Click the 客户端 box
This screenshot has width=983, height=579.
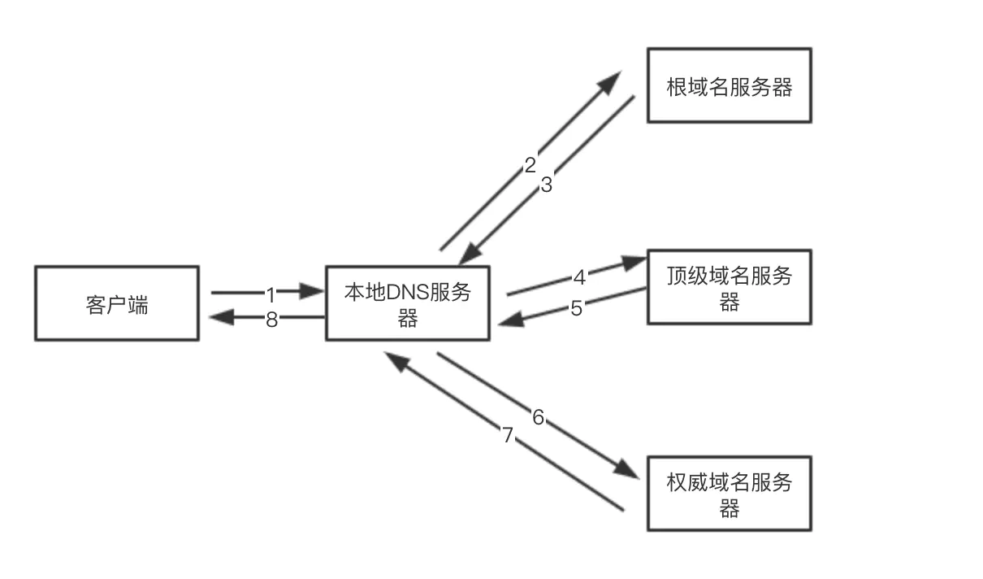click(116, 303)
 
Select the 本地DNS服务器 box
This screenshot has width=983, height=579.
click(407, 303)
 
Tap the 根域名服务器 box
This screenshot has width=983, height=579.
click(729, 85)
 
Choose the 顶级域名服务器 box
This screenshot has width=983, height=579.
click(729, 287)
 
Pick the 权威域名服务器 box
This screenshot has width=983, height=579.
click(729, 494)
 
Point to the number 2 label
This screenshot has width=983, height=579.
click(530, 166)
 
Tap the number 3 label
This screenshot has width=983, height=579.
click(546, 185)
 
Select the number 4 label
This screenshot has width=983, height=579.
click(579, 278)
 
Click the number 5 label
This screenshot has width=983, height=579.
click(576, 309)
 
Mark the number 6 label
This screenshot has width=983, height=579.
click(538, 418)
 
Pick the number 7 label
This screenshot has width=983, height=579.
click(508, 436)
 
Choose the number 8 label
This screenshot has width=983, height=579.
click(271, 320)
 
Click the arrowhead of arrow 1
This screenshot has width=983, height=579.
click(312, 291)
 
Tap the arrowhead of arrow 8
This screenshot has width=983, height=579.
click(222, 317)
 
